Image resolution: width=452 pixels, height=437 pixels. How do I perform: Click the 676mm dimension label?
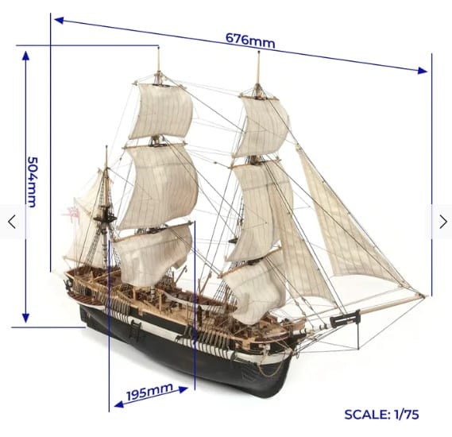pos(250,41)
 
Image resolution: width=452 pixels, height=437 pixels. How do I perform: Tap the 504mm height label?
pos(32,182)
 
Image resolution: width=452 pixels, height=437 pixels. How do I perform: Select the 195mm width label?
pos(149,392)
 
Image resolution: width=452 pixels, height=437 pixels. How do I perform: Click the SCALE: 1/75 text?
pos(381,414)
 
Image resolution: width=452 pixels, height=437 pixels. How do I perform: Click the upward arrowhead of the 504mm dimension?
pos(25,56)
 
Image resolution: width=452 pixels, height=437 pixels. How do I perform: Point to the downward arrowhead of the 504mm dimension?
pos(25,318)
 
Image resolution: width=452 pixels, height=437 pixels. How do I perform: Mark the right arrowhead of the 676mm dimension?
pos(423,71)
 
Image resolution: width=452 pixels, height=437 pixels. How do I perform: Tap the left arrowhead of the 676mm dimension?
pos(59,20)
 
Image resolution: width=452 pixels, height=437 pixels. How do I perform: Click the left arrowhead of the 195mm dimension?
pos(119,404)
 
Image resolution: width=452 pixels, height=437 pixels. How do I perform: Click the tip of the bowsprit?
pos(424,296)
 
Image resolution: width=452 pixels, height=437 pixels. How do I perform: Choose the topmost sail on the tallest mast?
pos(161,111)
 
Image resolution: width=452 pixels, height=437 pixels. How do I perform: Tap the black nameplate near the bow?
pos(345,319)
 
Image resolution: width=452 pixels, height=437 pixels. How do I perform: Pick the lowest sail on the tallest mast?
pos(152,255)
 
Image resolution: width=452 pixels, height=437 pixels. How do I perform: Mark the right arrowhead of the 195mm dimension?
pos(184,390)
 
